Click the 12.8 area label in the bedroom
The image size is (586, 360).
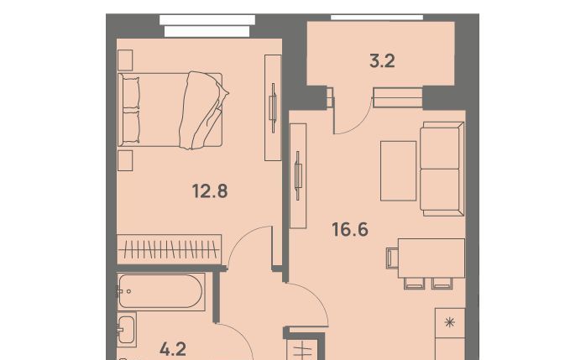(x=210, y=191)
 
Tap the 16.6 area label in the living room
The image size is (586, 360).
(x=350, y=229)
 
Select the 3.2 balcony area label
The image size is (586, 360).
(x=382, y=61)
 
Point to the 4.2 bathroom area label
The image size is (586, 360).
(x=173, y=350)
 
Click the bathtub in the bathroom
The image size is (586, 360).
(x=161, y=292)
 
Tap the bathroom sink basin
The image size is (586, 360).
(x=126, y=330)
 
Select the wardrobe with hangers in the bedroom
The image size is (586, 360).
(x=169, y=249)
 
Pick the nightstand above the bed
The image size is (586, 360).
(x=125, y=60)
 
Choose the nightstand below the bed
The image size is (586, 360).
(x=125, y=160)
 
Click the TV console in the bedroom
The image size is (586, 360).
(x=273, y=108)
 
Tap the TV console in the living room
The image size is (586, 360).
(x=298, y=176)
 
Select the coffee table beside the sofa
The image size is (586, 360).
(x=399, y=170)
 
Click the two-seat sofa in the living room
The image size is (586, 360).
(x=442, y=169)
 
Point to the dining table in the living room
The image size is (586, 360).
(x=432, y=258)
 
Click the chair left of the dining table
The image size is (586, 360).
(x=392, y=258)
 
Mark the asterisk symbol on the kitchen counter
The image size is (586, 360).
(x=450, y=322)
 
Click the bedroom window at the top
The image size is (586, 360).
(x=207, y=26)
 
